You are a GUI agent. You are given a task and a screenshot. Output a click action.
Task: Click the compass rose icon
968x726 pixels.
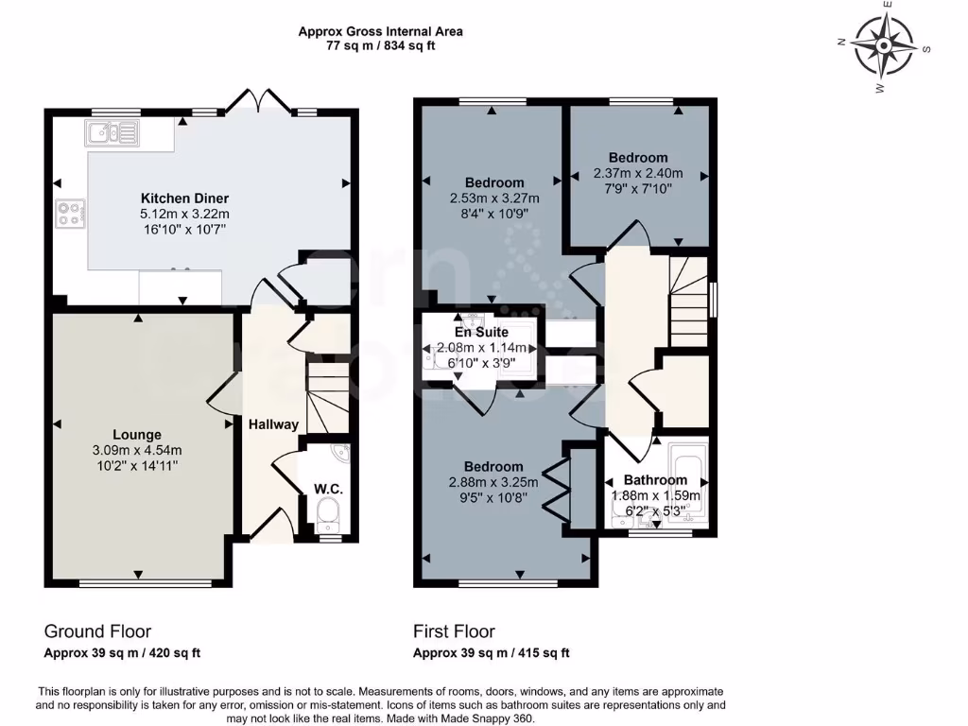pyautogui.click(x=884, y=44)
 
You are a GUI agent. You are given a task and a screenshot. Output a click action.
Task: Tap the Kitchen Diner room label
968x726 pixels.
pyautogui.click(x=184, y=199)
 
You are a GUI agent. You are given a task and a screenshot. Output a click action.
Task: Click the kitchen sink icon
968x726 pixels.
pyautogui.click(x=112, y=133)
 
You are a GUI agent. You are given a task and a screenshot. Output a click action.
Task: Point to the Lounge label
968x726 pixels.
pyautogui.click(x=139, y=436)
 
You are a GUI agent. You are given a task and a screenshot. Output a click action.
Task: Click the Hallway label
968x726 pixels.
pyautogui.click(x=273, y=424)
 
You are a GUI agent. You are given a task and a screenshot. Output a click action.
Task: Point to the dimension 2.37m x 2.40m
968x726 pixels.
pyautogui.click(x=637, y=174)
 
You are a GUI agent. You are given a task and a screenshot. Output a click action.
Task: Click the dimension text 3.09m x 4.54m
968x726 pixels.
pyautogui.click(x=139, y=450)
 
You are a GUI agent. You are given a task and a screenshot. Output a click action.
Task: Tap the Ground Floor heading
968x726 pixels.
pyautogui.click(x=97, y=631)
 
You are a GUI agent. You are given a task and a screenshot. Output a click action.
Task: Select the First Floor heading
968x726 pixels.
pyautogui.click(x=454, y=631)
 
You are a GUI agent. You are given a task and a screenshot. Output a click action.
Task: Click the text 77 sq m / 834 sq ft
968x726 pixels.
pyautogui.click(x=380, y=46)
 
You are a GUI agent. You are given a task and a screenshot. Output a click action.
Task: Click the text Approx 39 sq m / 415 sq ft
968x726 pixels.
pyautogui.click(x=491, y=653)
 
